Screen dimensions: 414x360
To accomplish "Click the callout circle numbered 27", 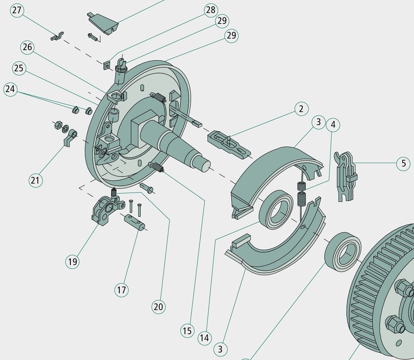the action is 17,10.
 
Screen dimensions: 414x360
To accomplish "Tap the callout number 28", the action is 211,10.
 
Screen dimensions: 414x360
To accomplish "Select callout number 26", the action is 27,47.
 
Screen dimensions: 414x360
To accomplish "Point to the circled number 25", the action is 19,68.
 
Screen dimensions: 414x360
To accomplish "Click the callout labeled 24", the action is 10,89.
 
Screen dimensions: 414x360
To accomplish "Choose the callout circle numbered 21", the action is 35,181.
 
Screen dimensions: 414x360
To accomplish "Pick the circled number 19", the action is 72,262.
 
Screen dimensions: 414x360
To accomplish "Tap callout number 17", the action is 121,290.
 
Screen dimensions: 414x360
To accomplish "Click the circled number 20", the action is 158,307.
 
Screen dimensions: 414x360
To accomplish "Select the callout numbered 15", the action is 187,331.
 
